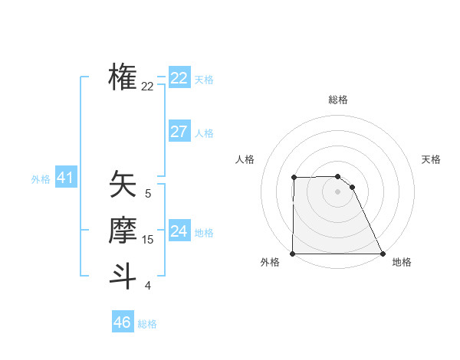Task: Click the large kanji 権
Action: [x=123, y=77]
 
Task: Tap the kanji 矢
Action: [x=123, y=185]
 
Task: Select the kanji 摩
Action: [x=123, y=231]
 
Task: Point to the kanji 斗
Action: [x=123, y=275]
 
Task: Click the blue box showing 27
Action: [x=179, y=132]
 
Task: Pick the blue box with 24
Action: [x=179, y=231]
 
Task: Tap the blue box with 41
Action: [x=64, y=178]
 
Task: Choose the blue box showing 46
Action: [x=122, y=322]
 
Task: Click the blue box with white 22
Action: [x=179, y=78]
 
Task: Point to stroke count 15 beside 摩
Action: [x=148, y=240]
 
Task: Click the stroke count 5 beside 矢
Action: [x=148, y=195]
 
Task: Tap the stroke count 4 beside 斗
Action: [x=148, y=286]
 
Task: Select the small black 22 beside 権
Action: [x=148, y=87]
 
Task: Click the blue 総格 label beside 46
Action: [x=147, y=324]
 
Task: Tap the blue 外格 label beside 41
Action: [x=41, y=179]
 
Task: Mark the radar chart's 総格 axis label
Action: [x=337, y=100]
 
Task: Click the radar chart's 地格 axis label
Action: [x=402, y=262]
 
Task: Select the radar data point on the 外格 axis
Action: [x=293, y=254]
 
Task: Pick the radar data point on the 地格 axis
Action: [x=382, y=254]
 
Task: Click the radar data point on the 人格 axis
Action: [x=294, y=178]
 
